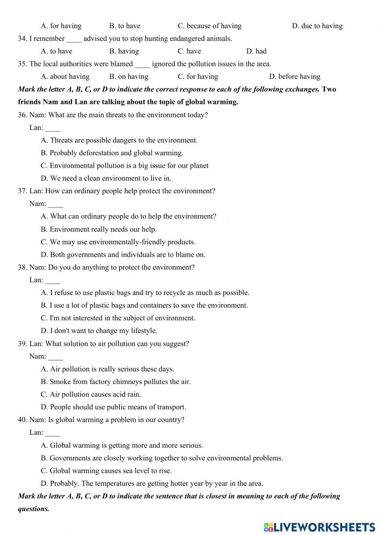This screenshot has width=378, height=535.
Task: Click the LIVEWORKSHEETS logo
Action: pyautogui.click(x=319, y=527)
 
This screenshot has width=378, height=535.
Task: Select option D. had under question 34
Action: pyautogui.click(x=256, y=51)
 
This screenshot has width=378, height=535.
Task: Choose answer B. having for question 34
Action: pyautogui.click(x=124, y=51)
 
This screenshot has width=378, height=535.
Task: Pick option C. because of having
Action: pyautogui.click(x=209, y=26)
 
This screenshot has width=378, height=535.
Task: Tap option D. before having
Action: pyautogui.click(x=294, y=76)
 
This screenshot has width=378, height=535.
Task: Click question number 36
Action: pyautogui.click(x=22, y=115)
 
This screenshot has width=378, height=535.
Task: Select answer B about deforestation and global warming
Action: pyautogui.click(x=112, y=153)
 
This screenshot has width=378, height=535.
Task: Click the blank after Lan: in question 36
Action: pyautogui.click(x=53, y=128)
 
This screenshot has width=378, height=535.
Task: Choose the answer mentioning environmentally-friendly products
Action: pyautogui.click(x=118, y=242)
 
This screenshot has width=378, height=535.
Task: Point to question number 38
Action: pyautogui.click(x=22, y=267)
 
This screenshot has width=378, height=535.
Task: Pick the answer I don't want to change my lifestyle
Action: pyautogui.click(x=99, y=331)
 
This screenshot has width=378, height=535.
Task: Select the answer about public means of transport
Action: pyautogui.click(x=113, y=407)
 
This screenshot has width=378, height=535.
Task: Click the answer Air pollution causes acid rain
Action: pyautogui.click(x=91, y=395)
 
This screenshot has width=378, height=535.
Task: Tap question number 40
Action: pyautogui.click(x=22, y=420)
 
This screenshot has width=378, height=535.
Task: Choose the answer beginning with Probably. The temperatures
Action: pyautogui.click(x=152, y=484)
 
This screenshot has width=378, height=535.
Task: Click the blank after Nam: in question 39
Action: pyautogui.click(x=56, y=357)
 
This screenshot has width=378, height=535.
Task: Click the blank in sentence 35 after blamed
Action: pyautogui.click(x=142, y=65)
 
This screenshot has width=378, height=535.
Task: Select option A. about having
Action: pyautogui.click(x=65, y=76)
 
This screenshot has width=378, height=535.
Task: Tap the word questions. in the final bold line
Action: pyautogui.click(x=34, y=509)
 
